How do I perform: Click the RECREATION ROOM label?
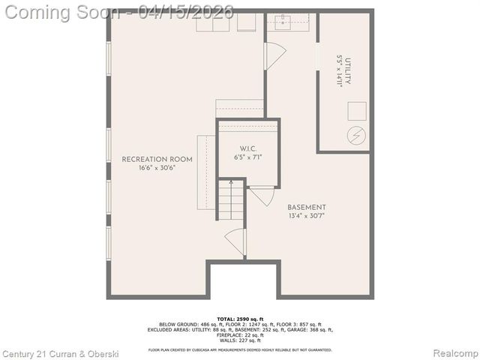[157, 159]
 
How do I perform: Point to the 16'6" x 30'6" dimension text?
[157, 169]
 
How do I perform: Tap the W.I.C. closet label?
[248, 148]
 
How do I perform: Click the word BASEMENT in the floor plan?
[307, 207]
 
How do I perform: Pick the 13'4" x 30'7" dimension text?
[307, 217]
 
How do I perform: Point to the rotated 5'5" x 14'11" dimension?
[340, 70]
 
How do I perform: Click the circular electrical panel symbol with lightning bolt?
[355, 136]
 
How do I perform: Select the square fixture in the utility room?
[355, 111]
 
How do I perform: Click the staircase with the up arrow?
[232, 199]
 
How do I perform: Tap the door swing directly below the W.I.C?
[262, 196]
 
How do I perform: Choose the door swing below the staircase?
[235, 241]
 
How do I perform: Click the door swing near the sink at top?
[274, 56]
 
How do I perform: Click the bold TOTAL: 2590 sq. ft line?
[239, 319]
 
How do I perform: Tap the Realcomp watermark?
[452, 352]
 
